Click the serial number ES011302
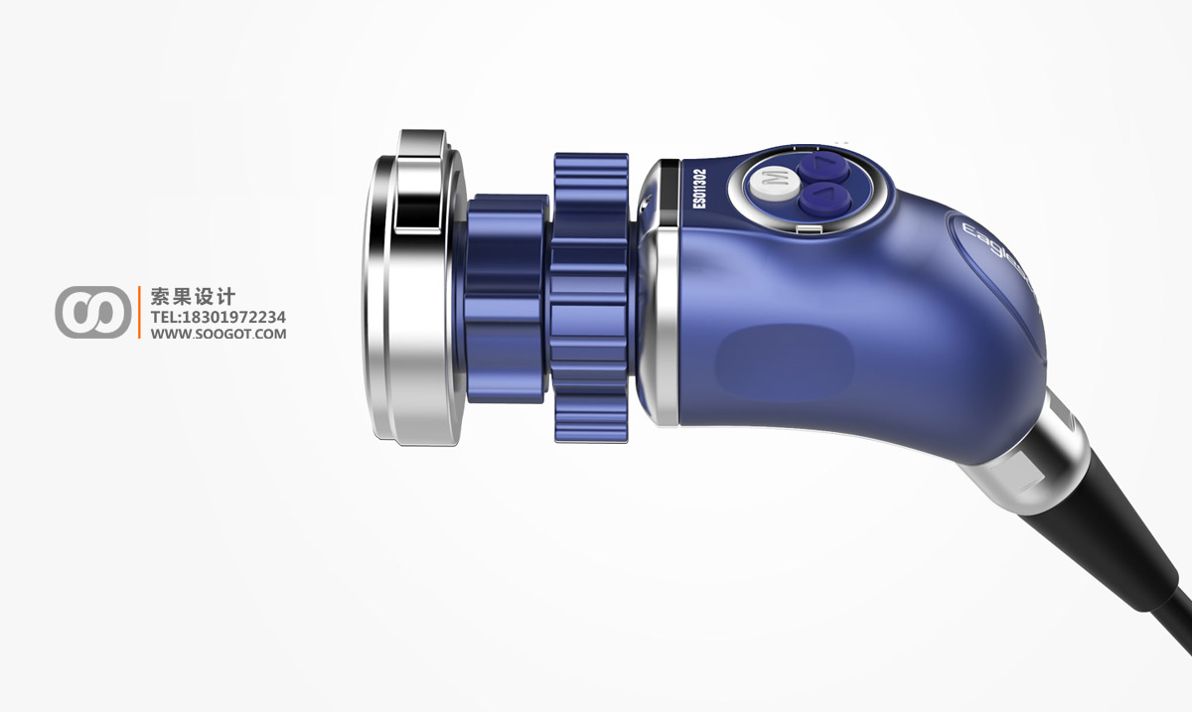(x=699, y=188)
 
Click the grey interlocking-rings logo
(x=92, y=312)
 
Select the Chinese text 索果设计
(x=193, y=297)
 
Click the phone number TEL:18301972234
(x=218, y=317)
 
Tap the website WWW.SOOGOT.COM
(x=218, y=335)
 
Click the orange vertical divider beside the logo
(x=139, y=312)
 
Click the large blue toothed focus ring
(x=591, y=298)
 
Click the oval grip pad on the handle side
(x=785, y=357)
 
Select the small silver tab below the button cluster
(x=810, y=231)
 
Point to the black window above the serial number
(x=669, y=179)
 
